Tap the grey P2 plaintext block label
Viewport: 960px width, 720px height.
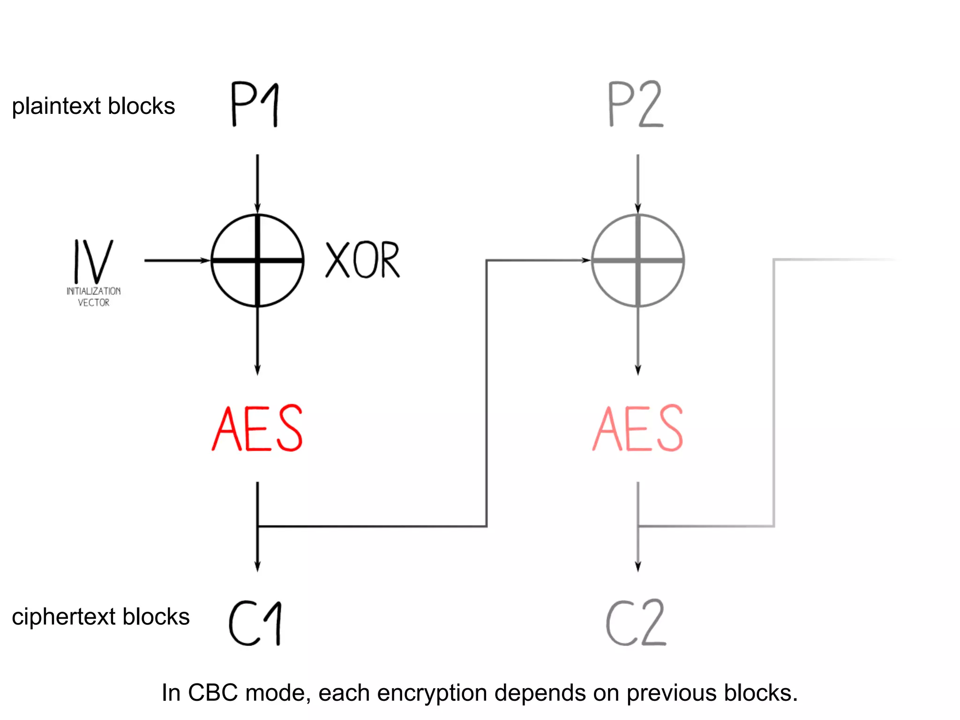point(636,105)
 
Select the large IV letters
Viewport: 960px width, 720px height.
point(94,261)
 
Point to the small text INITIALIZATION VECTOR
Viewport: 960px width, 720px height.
point(94,297)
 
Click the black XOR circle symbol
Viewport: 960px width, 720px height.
point(257,261)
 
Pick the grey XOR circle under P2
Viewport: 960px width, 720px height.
point(638,261)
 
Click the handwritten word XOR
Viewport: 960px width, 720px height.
point(362,261)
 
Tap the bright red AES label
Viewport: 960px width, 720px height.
point(257,428)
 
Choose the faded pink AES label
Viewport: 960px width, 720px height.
point(638,428)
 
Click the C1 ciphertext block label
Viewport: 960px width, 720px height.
point(256,624)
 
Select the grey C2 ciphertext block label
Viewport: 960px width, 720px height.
point(636,623)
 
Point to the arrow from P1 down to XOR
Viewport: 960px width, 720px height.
point(257,183)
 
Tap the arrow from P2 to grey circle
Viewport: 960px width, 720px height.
point(638,183)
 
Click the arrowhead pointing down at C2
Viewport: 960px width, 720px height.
point(638,566)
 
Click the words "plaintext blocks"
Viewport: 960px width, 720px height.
point(93,106)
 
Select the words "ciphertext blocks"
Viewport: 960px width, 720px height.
point(101,616)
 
